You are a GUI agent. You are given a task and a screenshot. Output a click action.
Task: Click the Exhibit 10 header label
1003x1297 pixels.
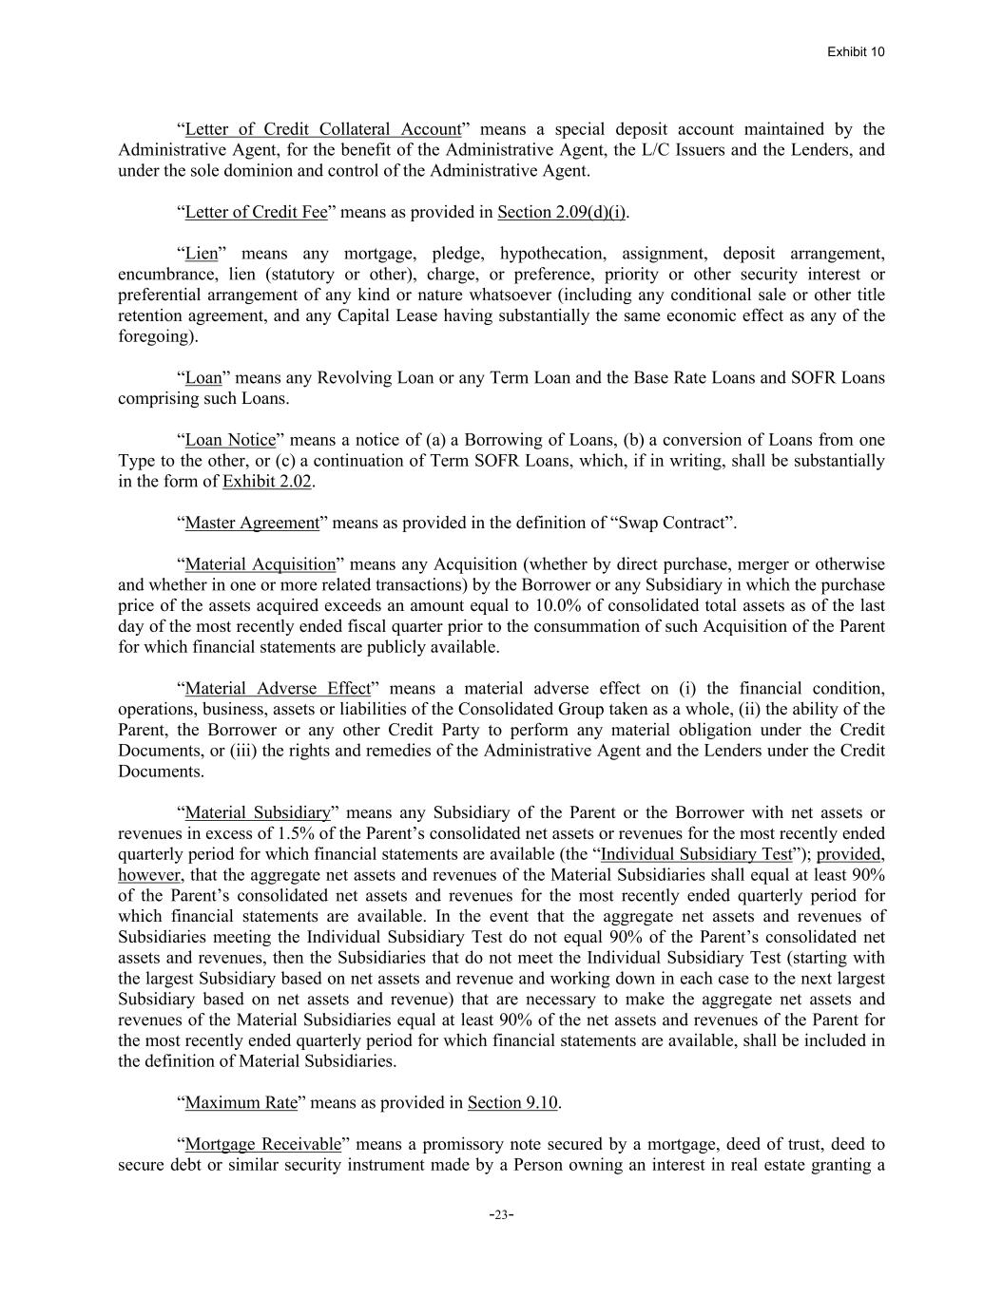pos(855,51)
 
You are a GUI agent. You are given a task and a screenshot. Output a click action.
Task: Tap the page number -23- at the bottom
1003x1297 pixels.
pos(501,1214)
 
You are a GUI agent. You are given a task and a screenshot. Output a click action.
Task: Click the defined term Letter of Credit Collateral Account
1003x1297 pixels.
pos(322,129)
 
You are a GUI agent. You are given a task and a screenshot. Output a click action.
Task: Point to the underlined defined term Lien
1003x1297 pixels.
pos(201,254)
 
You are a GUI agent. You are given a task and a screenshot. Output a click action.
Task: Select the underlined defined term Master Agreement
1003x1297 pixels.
pos(252,523)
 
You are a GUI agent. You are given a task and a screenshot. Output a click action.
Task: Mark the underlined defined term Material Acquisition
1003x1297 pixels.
pos(260,564)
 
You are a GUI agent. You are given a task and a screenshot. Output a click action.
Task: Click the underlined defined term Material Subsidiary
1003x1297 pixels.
pos(257,813)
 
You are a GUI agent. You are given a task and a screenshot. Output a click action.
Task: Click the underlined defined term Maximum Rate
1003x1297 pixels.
pos(241,1103)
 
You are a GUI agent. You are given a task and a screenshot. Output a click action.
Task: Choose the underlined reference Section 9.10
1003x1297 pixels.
pos(512,1103)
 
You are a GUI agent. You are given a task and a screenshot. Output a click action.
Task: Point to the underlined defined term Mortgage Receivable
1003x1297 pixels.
pos(262,1144)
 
